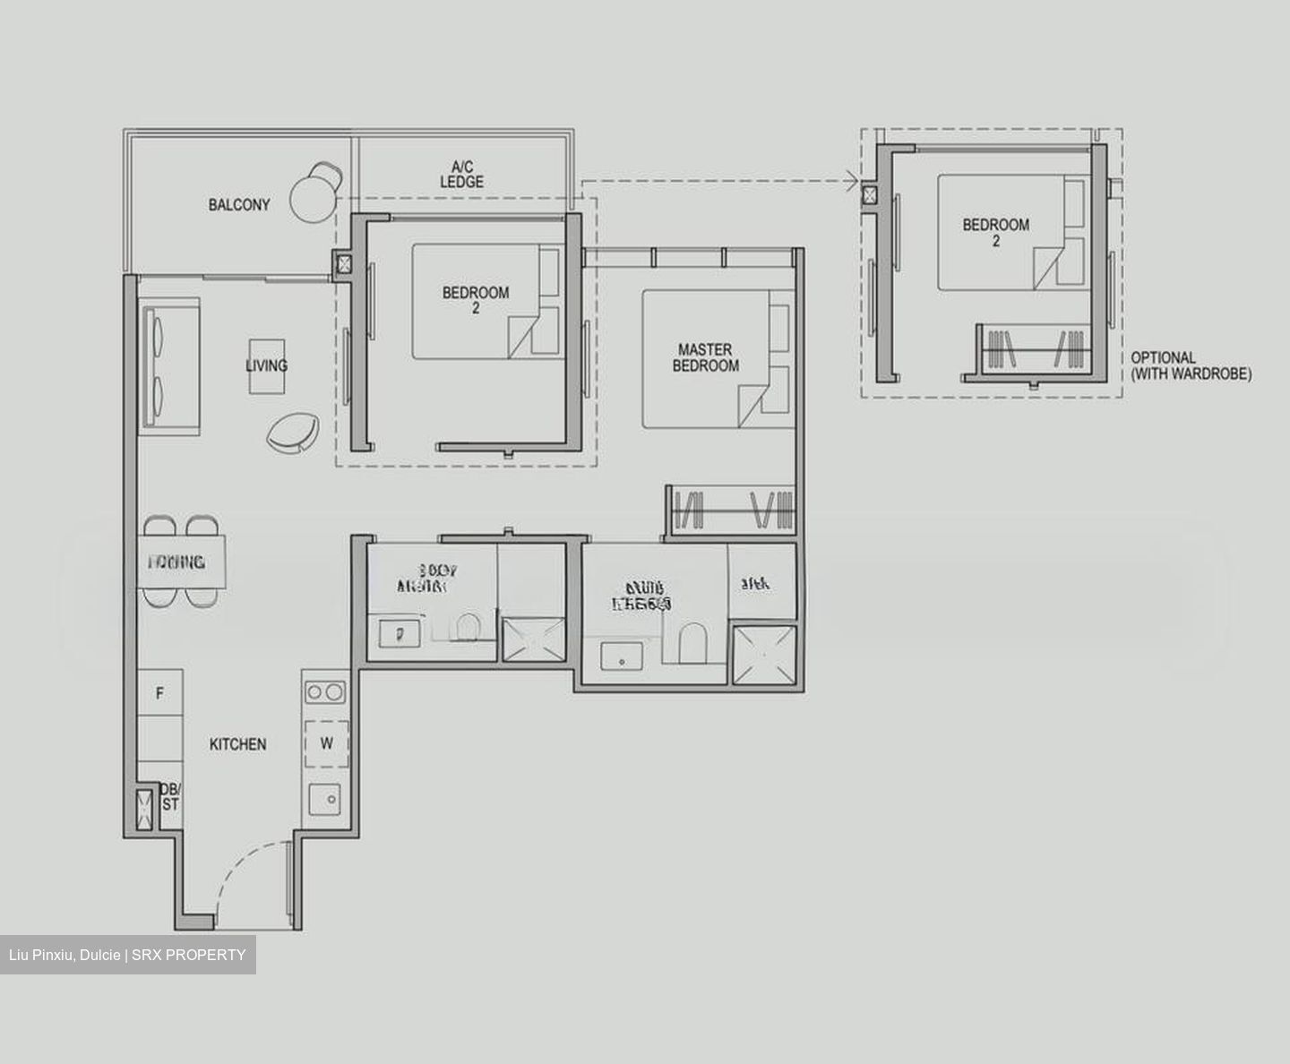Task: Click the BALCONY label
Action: pos(238,205)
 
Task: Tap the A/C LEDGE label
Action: pos(461,174)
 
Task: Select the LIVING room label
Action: pos(267,365)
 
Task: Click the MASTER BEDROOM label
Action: pos(706,357)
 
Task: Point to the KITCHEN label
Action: pos(237,744)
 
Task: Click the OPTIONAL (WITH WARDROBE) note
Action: pos(1191,365)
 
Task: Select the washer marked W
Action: pos(326,743)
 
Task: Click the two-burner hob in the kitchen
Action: pos(325,691)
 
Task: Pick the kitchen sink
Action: pos(325,798)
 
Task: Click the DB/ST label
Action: pos(170,796)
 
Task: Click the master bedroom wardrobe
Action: pos(731,511)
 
